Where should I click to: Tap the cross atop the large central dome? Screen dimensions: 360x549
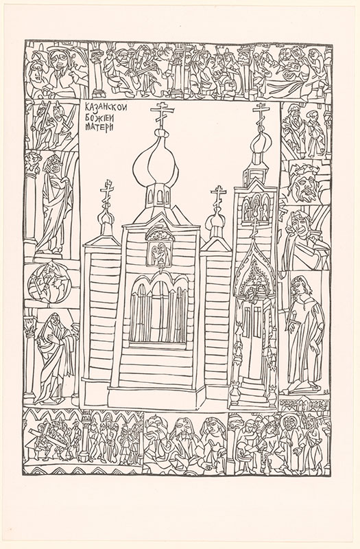click(163, 115)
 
